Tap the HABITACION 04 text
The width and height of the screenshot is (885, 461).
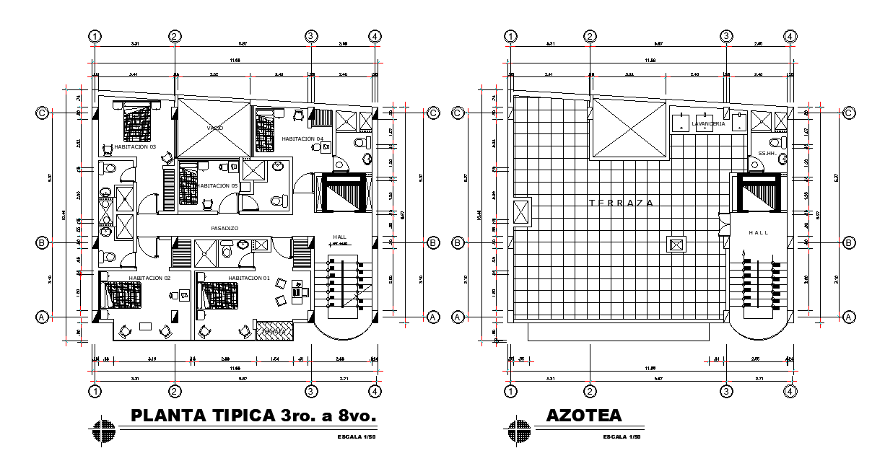302,139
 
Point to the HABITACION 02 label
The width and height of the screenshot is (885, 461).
149,278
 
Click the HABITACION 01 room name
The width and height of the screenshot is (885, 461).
249,278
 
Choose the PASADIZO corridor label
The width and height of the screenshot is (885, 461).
224,229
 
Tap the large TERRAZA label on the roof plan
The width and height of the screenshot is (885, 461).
622,203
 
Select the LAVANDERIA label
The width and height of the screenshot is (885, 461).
708,124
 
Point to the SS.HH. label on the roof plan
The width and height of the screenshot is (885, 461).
766,154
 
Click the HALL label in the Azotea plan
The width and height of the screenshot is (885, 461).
759,232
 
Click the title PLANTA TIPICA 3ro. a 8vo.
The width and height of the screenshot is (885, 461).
253,416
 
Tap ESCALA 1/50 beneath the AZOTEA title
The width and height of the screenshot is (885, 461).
622,437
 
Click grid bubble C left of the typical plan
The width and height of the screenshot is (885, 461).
43,113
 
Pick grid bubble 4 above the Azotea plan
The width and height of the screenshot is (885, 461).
790,37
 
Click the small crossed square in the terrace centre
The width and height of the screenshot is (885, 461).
676,245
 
